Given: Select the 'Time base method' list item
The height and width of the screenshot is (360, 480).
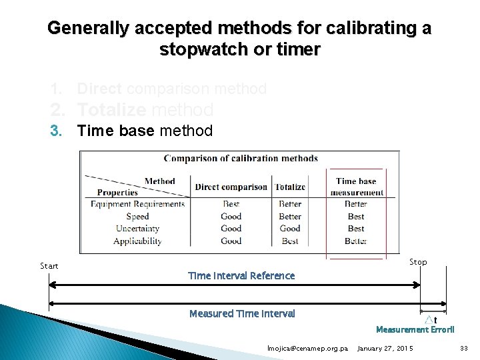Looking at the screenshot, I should coord(145,131).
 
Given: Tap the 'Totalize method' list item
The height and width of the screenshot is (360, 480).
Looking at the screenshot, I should coord(145,109).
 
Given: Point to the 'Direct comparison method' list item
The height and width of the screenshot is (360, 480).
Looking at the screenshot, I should coord(172,89).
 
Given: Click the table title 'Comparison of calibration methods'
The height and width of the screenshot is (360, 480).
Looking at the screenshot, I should coord(241,159).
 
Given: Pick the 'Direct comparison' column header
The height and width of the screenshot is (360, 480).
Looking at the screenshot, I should coord(231,187).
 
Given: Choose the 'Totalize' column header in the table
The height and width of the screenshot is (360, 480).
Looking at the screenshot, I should coord(290,187).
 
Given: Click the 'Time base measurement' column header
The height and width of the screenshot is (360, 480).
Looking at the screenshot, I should coord(356,187).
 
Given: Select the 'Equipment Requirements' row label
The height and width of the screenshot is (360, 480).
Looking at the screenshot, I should coord(138,204).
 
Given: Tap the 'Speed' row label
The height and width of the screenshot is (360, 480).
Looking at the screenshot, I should coord(137,216).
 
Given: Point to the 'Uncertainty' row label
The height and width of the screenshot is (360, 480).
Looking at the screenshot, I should coord(137,229).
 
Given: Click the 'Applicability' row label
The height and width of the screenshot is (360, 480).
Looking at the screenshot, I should coord(137,241).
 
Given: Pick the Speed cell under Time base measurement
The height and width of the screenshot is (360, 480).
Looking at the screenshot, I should coord(356,216).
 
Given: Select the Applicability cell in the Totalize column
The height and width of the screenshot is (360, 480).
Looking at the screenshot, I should coord(290,241).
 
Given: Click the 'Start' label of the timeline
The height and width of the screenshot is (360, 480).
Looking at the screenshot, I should coord(49,266).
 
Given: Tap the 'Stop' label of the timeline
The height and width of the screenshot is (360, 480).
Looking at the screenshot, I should coord(418,262).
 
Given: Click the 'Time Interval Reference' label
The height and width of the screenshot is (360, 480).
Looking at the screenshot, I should coord(241,276).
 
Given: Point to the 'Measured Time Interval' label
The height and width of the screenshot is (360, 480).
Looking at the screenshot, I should coord(242,313).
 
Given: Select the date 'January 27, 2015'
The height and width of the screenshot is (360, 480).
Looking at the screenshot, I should coord(385,349).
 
